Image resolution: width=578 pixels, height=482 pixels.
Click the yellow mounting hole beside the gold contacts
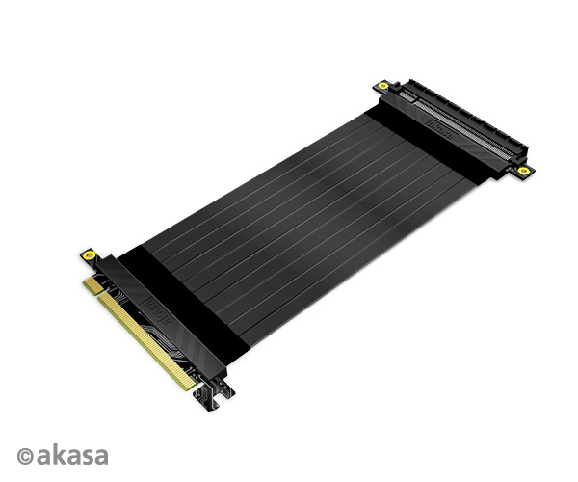pos(89,255)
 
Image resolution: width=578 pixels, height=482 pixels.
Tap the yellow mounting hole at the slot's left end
pos(383,87)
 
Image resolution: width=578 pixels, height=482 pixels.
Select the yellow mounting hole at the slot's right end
pos(523,171)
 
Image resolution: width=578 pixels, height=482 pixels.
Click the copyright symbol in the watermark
pos(24,455)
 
